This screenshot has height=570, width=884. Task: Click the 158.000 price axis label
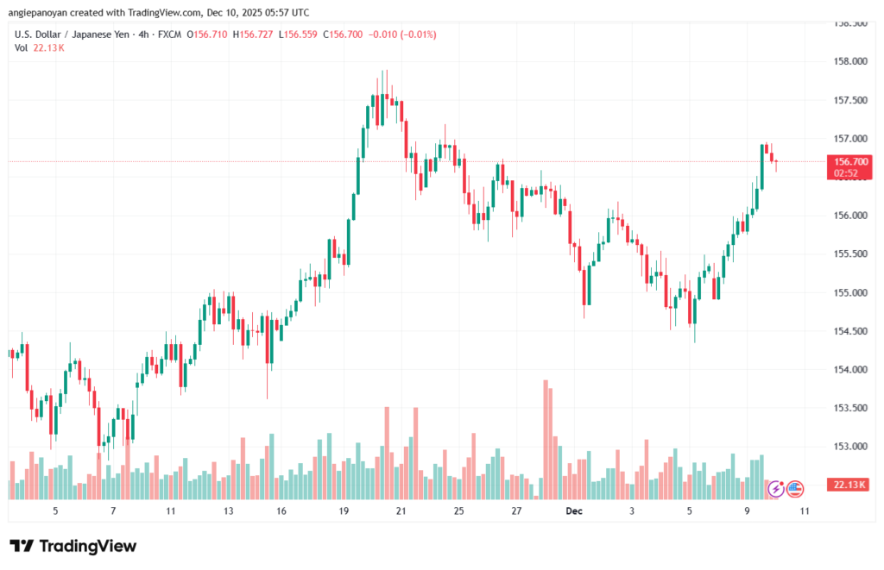pos(846,61)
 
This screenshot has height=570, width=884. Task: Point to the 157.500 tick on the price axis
pos(846,100)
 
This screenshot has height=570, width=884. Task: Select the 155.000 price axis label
pos(846,292)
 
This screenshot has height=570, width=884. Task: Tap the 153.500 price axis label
pos(846,408)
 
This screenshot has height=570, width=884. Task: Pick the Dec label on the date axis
pos(574,511)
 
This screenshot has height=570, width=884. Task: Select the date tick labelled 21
pos(401,511)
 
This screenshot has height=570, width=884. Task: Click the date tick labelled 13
pos(228,511)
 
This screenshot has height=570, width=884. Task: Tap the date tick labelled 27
pos(516,511)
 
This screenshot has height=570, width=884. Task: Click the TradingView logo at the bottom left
pos(73,546)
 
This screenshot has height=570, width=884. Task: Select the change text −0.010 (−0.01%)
pos(402,34)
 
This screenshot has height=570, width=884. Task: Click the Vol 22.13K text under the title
pos(40,47)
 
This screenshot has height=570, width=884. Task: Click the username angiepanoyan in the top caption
pos(47,13)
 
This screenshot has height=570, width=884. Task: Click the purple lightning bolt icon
pos(775,488)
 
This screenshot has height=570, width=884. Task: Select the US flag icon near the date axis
pos(794,488)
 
